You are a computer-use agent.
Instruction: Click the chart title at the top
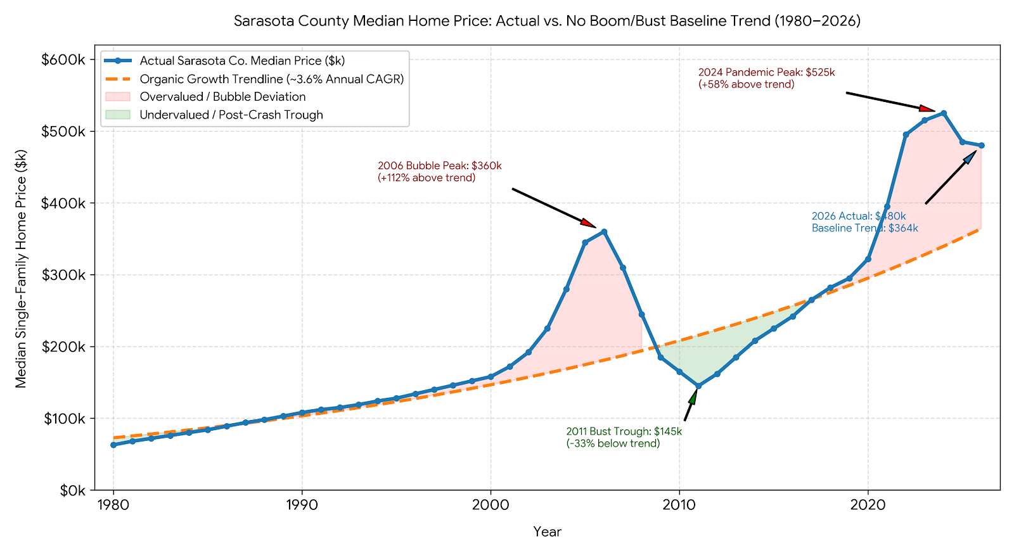point(547,21)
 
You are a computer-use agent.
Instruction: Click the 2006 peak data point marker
point(604,232)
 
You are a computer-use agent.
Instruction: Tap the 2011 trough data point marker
point(698,386)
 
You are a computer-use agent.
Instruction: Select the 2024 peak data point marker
point(944,113)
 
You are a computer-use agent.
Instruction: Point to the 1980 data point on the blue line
point(113,445)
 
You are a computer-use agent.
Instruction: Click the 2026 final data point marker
point(982,145)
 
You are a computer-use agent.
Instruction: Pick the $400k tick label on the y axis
point(63,203)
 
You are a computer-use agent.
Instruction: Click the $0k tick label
point(72,490)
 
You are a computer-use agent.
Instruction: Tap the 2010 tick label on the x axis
point(679,505)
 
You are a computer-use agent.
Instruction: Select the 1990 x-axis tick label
point(302,505)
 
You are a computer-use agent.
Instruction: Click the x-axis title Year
point(548,531)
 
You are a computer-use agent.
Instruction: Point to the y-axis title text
point(21,269)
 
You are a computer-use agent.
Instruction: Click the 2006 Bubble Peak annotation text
point(440,172)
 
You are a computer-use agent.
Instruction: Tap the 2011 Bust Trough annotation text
point(624,437)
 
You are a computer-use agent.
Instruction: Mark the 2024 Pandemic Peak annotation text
point(766,79)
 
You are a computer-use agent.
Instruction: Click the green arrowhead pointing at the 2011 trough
point(693,396)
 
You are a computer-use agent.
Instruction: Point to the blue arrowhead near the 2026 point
point(970,156)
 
